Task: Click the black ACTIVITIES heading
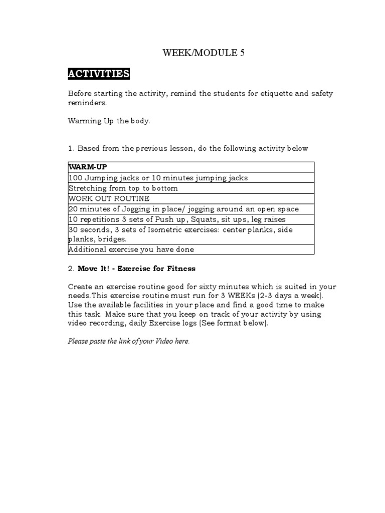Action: [x=99, y=74]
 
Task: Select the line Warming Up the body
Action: [x=109, y=121]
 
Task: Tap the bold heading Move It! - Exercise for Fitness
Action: [x=136, y=269]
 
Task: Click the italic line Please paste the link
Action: [x=129, y=341]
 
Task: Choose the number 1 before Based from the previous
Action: [x=70, y=148]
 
